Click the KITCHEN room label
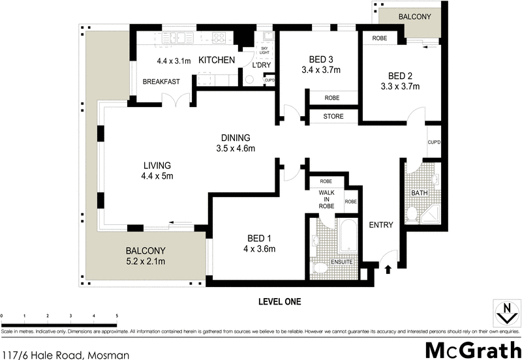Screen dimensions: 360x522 [x=216, y=61]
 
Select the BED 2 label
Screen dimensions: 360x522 [x=399, y=75]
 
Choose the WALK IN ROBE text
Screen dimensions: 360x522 [x=326, y=200]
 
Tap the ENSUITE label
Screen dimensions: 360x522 [x=343, y=262]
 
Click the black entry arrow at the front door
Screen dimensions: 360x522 [x=390, y=267]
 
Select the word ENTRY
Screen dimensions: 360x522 [x=381, y=225]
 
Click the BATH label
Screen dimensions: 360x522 [x=419, y=193]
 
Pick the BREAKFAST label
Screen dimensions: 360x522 [x=162, y=82]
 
